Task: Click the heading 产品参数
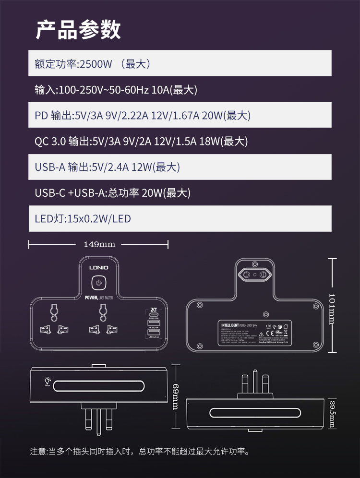pos(79,30)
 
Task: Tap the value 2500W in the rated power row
pos(96,64)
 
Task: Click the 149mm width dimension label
pos(99,244)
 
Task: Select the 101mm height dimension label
pos(332,308)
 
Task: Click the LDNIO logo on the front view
pos(98,267)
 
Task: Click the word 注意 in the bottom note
pos(38,452)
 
